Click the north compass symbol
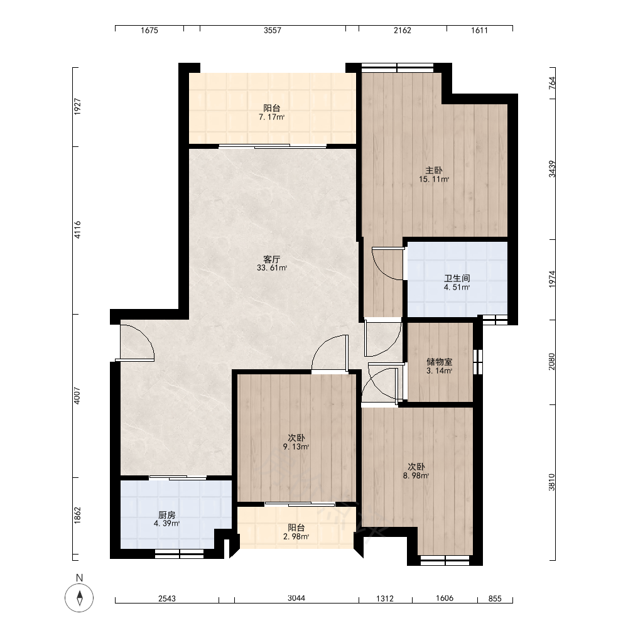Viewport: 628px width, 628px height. [79, 598]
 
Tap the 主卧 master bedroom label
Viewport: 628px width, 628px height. [434, 170]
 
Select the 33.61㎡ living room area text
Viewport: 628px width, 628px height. [272, 268]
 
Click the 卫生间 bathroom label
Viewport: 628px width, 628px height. [457, 278]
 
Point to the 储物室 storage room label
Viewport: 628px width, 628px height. [440, 362]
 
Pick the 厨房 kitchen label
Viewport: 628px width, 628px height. [166, 515]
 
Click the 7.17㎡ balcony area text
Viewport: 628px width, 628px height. [271, 117]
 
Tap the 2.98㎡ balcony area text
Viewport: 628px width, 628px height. [296, 537]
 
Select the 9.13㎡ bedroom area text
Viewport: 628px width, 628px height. [296, 447]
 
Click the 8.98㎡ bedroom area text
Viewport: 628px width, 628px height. [416, 476]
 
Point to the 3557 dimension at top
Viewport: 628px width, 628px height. [273, 30]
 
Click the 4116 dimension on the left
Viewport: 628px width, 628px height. [78, 230]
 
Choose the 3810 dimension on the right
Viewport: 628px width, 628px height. [552, 482]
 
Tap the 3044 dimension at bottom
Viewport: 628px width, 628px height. [296, 598]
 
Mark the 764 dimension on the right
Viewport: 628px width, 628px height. [552, 82]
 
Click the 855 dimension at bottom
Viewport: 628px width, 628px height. [495, 598]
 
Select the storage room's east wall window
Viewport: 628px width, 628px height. [478, 362]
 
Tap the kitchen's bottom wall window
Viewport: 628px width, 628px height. [179, 554]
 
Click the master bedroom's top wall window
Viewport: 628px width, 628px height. [398, 68]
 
